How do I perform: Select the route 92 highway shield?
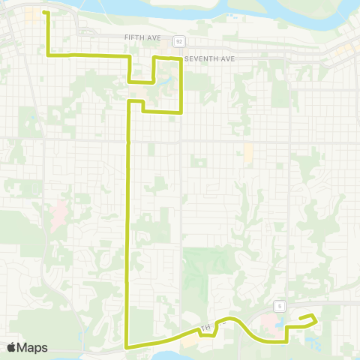click(180, 40)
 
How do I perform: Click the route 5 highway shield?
click(278, 305)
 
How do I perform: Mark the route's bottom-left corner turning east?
click(126, 347)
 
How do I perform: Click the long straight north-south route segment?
click(127, 225)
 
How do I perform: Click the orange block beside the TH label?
click(192, 340)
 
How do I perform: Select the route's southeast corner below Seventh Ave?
click(181, 112)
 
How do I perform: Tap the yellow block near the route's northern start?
click(34, 14)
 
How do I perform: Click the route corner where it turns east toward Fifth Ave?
click(49, 55)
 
